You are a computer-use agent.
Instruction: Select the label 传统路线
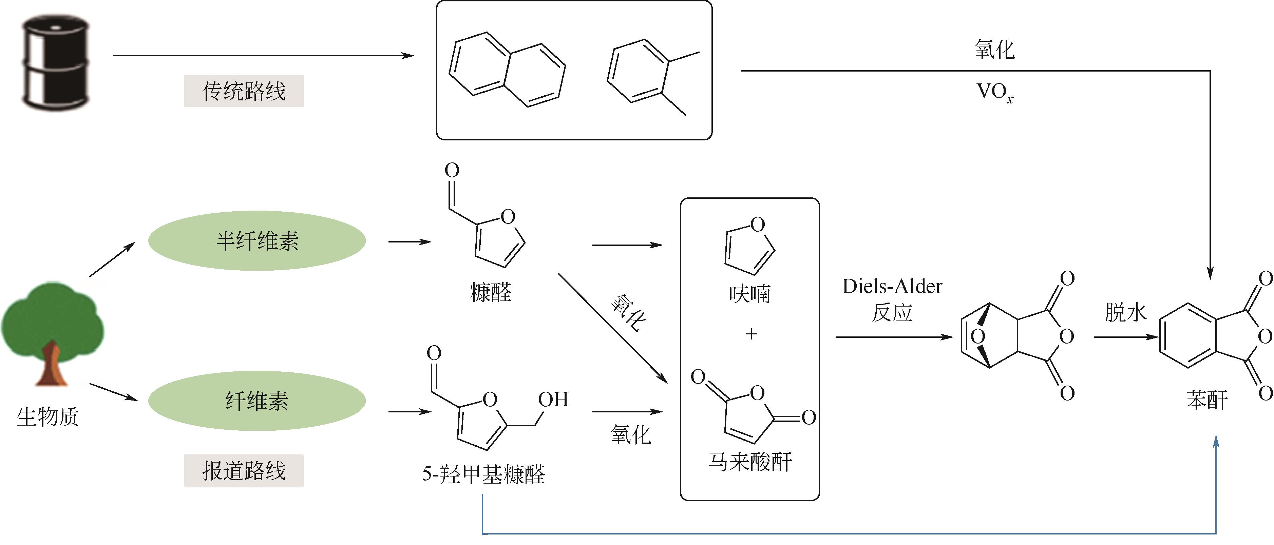(244, 91)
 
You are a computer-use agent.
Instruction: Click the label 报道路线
(244, 470)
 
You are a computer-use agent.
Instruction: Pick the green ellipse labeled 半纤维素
(257, 241)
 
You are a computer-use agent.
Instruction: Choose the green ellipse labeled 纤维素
(257, 401)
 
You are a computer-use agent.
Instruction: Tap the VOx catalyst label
(994, 92)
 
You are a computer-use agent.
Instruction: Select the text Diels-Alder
(892, 286)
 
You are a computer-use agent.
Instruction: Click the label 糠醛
(491, 292)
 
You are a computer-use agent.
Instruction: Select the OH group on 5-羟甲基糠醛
(553, 399)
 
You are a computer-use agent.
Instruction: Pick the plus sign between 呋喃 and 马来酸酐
(751, 334)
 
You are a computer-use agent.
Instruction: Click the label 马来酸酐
(750, 462)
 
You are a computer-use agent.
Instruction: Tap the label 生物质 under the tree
(48, 416)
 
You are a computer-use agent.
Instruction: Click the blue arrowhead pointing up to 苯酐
(1216, 441)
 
